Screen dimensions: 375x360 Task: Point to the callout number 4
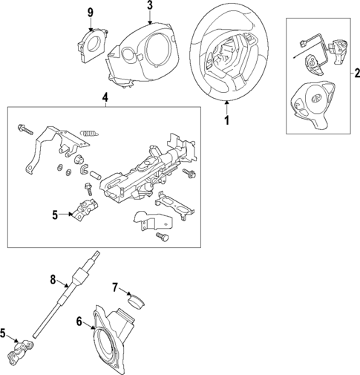105,97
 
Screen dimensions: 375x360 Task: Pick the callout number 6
80,321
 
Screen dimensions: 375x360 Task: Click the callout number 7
115,287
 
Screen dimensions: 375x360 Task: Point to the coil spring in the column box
88,132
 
